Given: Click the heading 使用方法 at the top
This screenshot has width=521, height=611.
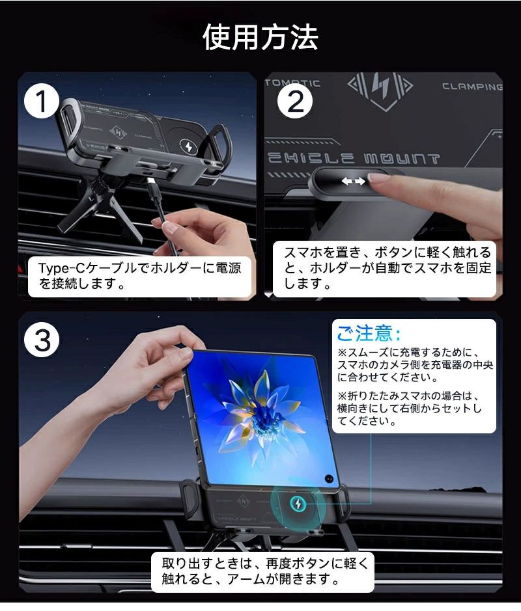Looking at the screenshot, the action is pos(260,37).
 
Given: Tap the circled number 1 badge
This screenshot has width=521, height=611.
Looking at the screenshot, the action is pos(42,102).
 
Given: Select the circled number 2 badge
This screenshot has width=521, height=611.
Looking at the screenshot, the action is pos(295,101).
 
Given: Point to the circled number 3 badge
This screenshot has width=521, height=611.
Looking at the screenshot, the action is pos(42,340).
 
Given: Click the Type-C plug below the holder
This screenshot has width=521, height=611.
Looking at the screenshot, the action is pos(152,186).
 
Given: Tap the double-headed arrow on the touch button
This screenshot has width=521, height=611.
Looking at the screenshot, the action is pos(354,181).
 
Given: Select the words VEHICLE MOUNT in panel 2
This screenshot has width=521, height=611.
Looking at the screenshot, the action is pos(354,159).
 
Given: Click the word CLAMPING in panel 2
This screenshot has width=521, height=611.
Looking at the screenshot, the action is pos(472,87).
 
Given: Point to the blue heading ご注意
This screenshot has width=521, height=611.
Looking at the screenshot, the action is pos(369,334).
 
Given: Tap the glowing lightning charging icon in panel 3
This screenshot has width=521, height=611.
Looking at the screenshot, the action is pos(298,505).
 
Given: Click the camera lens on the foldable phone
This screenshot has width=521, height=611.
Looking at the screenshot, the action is pos(329,478).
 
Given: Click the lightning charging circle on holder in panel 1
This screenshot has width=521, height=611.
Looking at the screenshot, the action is pos(189,147).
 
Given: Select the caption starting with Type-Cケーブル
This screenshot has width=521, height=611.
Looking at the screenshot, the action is pos(139,275).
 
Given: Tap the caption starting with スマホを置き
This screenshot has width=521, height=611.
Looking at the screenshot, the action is pos(387,267).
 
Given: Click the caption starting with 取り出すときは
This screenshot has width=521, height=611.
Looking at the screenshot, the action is pos(265,571).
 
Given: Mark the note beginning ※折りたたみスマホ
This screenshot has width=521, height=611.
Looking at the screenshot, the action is pos(410,408).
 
